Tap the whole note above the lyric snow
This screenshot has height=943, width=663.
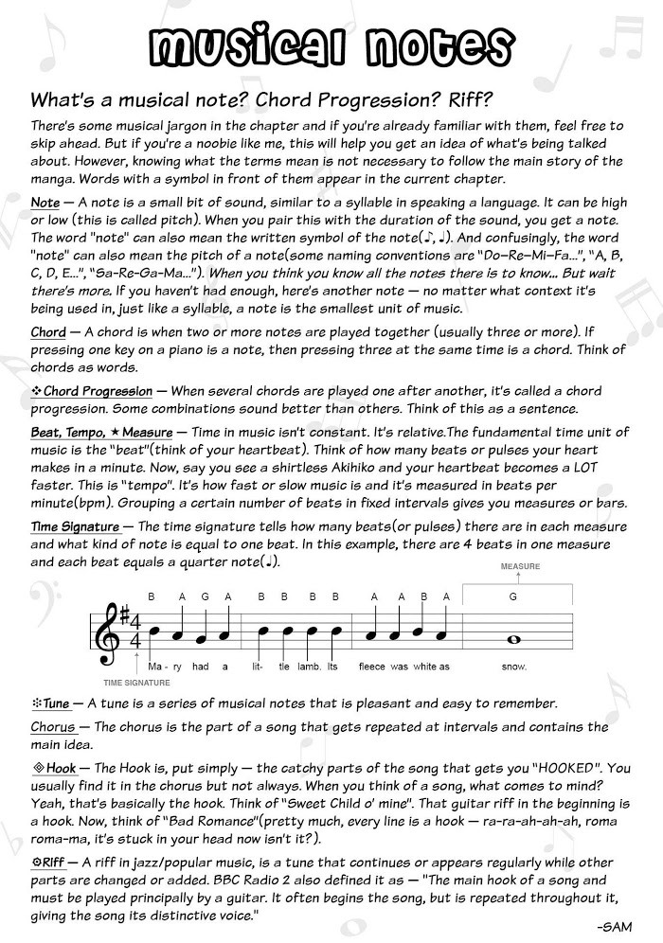point(513,640)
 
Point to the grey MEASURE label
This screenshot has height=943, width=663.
point(520,566)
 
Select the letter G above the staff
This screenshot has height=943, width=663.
point(513,596)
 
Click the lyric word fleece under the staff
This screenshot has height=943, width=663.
point(372,667)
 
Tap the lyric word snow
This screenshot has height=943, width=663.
point(513,667)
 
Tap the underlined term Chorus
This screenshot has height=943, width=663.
point(54,727)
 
